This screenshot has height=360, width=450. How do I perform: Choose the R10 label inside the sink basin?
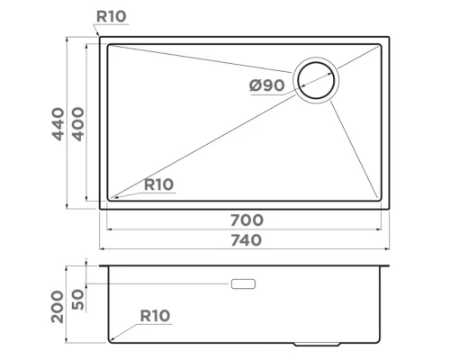point(157,184)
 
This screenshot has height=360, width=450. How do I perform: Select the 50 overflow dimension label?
point(78,299)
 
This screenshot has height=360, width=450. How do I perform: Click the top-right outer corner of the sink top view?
point(391,38)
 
